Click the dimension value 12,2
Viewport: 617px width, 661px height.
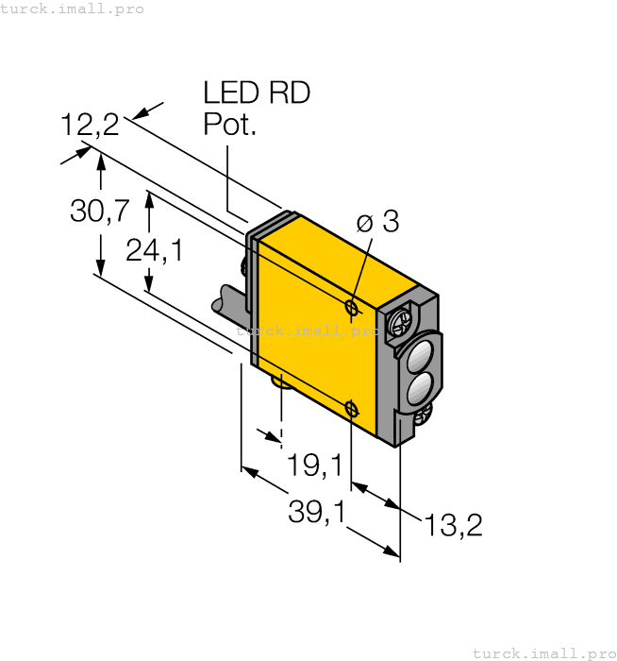(x=90, y=125)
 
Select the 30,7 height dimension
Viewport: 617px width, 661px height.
(x=100, y=212)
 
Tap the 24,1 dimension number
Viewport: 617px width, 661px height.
(x=154, y=250)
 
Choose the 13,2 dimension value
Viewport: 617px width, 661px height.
(x=453, y=526)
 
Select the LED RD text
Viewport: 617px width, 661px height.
(x=257, y=93)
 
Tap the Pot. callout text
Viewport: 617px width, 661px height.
(x=230, y=125)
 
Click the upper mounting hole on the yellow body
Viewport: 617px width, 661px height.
(x=351, y=308)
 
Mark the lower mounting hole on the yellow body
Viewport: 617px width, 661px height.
(x=351, y=408)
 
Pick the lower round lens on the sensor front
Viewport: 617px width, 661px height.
(x=418, y=387)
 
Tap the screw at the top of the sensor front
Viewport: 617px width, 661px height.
(x=397, y=320)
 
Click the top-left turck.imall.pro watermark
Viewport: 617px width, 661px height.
(x=73, y=8)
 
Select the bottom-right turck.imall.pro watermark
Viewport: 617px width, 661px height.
(x=542, y=653)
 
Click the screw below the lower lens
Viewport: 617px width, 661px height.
(x=425, y=412)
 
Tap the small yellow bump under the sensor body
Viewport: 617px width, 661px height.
(x=280, y=380)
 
